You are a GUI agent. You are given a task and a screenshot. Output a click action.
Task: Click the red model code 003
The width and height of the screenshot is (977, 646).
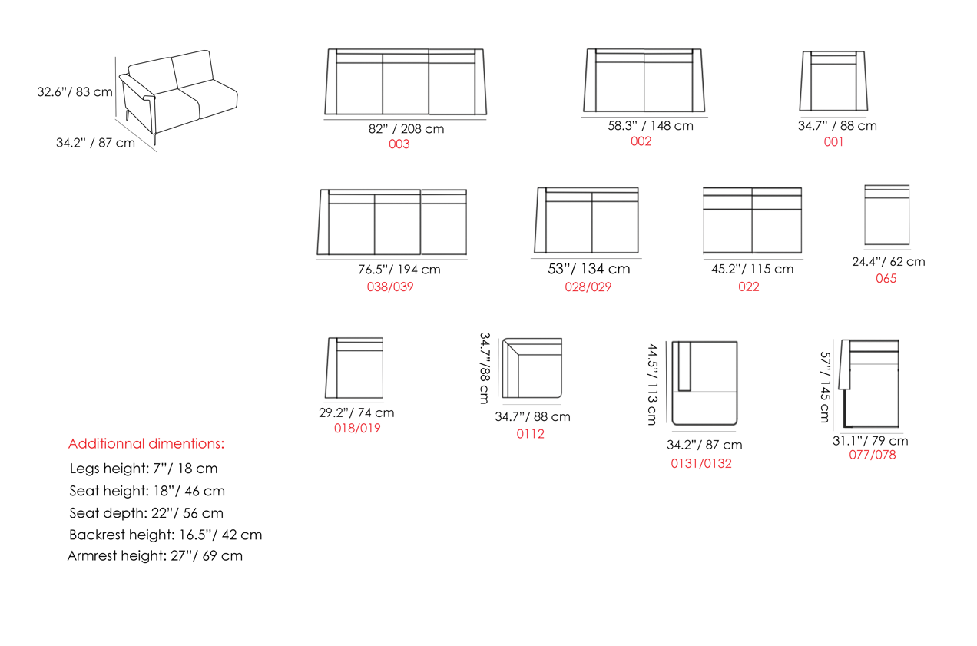(x=399, y=144)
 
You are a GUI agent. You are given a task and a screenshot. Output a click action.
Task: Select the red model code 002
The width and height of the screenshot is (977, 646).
(x=641, y=141)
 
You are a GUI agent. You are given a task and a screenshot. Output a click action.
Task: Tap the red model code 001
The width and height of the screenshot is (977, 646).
(x=833, y=142)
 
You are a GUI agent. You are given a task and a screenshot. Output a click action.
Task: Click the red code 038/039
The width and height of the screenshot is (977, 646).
(x=390, y=287)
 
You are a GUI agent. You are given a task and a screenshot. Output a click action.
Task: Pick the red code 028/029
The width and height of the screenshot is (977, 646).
(x=588, y=287)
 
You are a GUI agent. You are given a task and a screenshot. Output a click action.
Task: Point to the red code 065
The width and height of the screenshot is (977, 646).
(x=886, y=278)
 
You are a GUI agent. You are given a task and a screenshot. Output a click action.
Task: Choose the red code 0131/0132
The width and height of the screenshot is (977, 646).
(x=701, y=463)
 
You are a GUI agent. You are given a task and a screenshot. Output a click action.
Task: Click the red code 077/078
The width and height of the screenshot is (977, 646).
(x=873, y=455)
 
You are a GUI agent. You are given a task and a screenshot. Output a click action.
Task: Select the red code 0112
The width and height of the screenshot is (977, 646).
(x=531, y=433)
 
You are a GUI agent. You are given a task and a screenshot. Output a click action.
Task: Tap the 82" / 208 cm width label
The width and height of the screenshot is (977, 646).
(x=406, y=129)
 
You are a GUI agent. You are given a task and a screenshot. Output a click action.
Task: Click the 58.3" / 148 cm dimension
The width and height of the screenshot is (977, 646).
(x=651, y=126)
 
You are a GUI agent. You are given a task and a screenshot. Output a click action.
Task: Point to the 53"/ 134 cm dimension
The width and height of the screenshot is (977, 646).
(x=589, y=269)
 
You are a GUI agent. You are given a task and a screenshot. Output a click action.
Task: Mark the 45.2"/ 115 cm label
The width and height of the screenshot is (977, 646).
(x=753, y=269)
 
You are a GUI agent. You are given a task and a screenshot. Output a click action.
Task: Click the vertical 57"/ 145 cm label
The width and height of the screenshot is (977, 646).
(x=825, y=387)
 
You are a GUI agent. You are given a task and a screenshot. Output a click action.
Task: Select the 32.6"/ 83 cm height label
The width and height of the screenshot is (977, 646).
(x=75, y=92)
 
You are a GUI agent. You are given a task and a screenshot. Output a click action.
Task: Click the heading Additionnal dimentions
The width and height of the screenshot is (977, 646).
(x=146, y=444)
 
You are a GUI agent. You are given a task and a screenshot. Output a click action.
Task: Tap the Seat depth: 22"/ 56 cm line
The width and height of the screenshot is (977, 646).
(x=146, y=513)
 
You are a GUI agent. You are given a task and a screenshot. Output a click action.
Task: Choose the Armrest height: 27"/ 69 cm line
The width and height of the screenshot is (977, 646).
(x=155, y=555)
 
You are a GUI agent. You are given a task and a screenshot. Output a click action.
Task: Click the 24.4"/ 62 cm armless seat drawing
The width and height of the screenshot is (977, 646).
(x=887, y=214)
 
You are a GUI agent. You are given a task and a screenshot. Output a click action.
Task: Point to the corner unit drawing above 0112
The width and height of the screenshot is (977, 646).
(x=532, y=368)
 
